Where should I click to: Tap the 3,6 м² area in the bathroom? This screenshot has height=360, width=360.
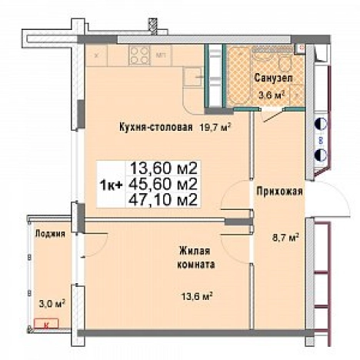pos(272,95)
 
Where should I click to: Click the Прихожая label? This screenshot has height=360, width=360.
pos(278,192)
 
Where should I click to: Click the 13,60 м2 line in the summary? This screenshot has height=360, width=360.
pos(164,168)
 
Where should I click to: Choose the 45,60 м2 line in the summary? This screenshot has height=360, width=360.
pos(164,184)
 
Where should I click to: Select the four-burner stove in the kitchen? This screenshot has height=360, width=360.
pos(138,55)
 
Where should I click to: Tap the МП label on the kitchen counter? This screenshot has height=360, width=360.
pos(162,56)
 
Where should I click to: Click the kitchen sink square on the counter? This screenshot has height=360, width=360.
pos(192,76)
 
